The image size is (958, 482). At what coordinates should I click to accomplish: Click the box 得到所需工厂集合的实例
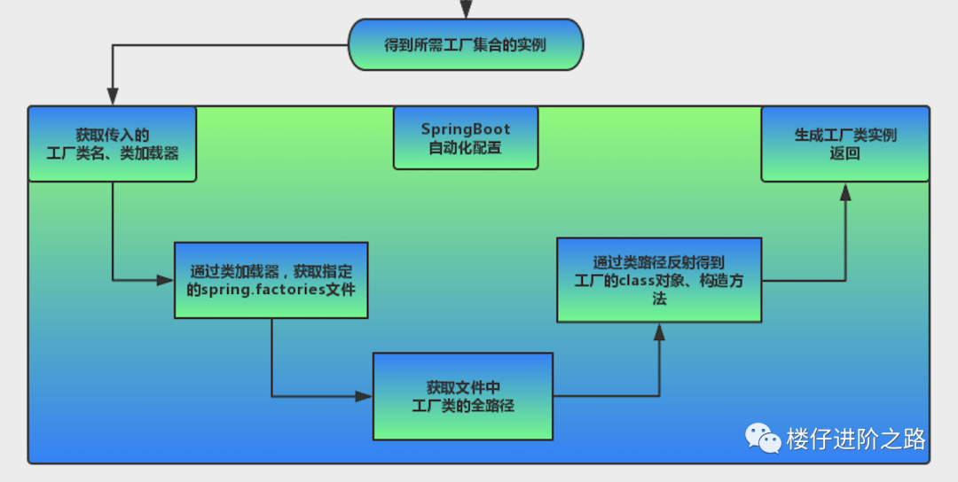pos(466,45)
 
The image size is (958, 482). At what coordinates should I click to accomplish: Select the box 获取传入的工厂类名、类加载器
pos(112,144)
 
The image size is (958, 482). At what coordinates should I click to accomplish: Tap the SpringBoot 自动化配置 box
pos(466,138)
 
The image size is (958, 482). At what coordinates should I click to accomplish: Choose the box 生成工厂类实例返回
pos(845,144)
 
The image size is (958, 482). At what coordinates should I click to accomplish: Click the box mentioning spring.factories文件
pos(271,280)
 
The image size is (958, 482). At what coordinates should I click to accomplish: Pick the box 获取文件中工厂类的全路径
pos(463,396)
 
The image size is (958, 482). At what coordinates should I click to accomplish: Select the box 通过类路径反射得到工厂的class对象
pos(658,279)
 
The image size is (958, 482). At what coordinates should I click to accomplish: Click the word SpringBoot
pos(466,129)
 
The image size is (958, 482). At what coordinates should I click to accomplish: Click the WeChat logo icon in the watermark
pos(762,438)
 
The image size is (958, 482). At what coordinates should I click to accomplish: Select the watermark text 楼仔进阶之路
pos(855,439)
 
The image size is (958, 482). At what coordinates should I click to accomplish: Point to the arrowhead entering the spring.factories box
pos(166,280)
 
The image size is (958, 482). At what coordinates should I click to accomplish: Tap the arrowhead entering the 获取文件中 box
pos(365,396)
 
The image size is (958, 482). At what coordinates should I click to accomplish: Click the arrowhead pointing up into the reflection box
pos(659,331)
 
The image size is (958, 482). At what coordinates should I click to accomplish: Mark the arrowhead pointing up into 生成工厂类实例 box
pos(845,191)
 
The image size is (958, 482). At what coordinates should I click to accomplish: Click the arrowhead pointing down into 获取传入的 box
pos(112,97)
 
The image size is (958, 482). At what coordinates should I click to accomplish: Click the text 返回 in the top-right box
pos(845,152)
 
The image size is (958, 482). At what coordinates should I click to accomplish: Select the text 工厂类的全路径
pos(463,405)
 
